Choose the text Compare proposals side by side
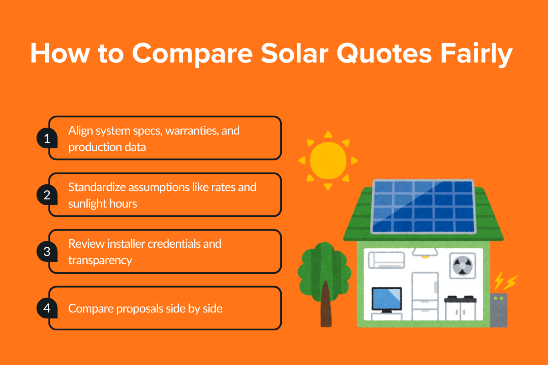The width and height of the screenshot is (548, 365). [145, 308]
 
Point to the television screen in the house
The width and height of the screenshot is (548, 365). [386, 299]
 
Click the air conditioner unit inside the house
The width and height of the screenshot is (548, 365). [386, 260]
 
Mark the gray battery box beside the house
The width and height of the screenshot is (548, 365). [499, 310]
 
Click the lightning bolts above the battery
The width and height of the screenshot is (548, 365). [506, 282]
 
